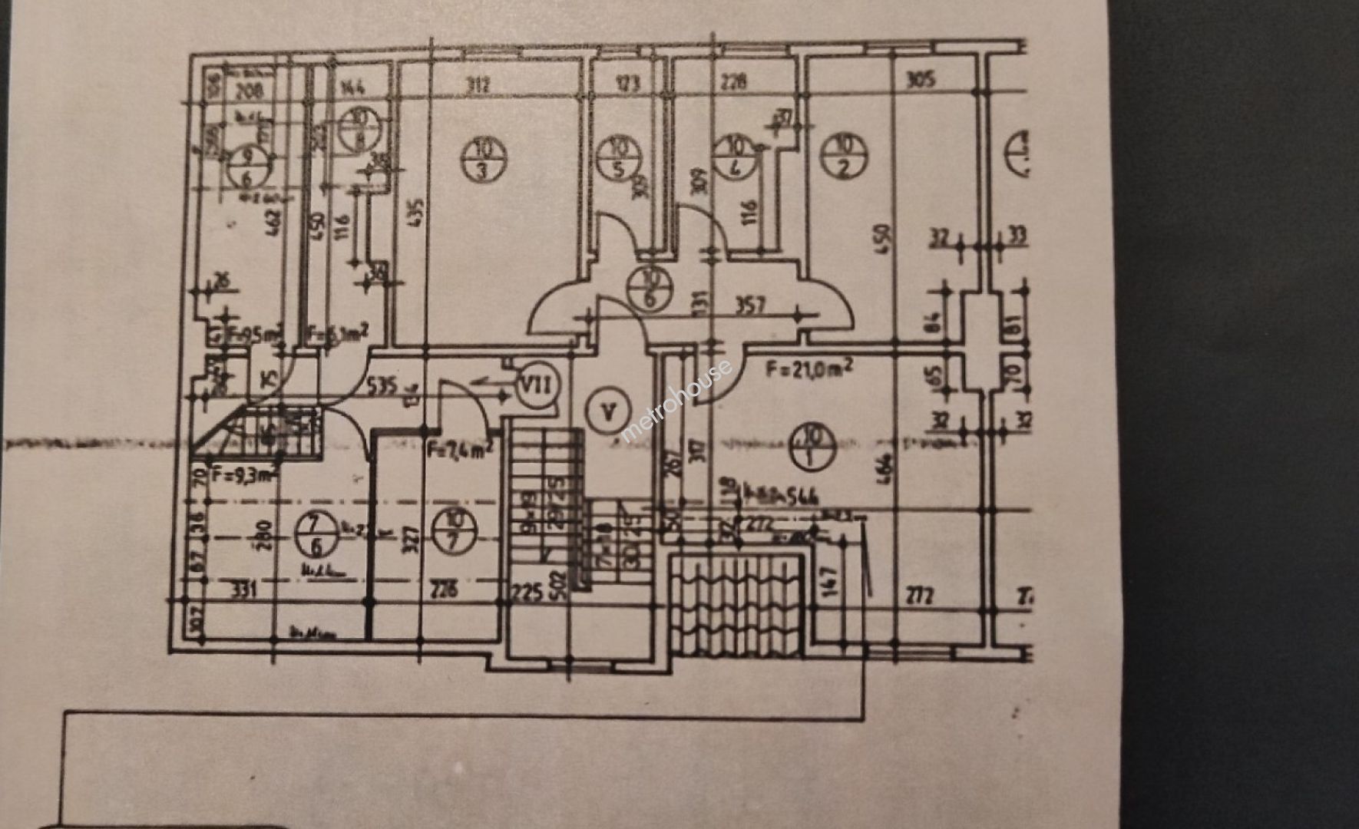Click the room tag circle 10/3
pos(484,159)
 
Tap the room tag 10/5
pos(619,157)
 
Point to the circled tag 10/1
pos(812,447)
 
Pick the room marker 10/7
pos(453,530)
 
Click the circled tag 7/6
pos(317,534)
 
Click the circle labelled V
pos(608,412)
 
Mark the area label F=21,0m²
pos(809,369)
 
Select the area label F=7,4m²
pos(460,448)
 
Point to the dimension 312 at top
pos(478,84)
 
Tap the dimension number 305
pos(921,79)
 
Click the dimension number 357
pos(750,306)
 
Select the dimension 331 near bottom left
pos(243,590)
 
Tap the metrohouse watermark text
pos(676,401)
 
